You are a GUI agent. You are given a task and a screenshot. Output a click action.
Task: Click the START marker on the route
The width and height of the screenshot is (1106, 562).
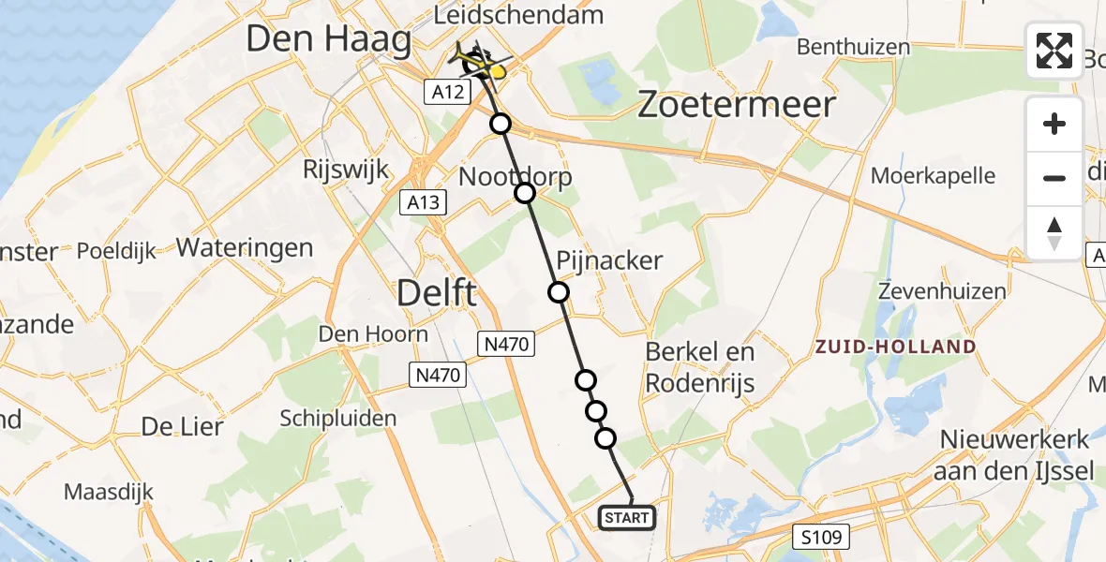[x=626, y=518]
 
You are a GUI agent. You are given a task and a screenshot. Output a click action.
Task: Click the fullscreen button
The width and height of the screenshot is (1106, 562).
[x=1054, y=51]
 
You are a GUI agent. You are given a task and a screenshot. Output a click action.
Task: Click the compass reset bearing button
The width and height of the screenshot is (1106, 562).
[x=1054, y=233]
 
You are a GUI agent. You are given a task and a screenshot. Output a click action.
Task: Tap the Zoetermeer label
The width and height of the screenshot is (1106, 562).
[x=736, y=104]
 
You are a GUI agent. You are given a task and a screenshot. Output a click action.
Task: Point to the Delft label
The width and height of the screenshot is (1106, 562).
[x=437, y=293]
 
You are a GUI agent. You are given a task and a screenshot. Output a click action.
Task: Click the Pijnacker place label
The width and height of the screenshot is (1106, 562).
[x=609, y=260]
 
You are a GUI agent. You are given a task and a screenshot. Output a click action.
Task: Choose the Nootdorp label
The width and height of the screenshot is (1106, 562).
[x=515, y=177]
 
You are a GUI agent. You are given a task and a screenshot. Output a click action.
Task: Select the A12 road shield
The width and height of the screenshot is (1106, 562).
[x=447, y=91]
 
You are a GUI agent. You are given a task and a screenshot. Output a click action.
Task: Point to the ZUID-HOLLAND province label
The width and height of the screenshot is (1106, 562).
[x=895, y=347]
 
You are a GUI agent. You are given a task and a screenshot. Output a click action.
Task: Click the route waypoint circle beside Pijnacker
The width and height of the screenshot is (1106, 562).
[x=559, y=292]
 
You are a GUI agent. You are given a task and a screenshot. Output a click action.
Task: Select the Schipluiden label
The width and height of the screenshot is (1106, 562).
[x=345, y=418]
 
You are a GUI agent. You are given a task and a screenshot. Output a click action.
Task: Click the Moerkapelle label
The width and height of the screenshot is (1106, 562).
[x=933, y=175]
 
